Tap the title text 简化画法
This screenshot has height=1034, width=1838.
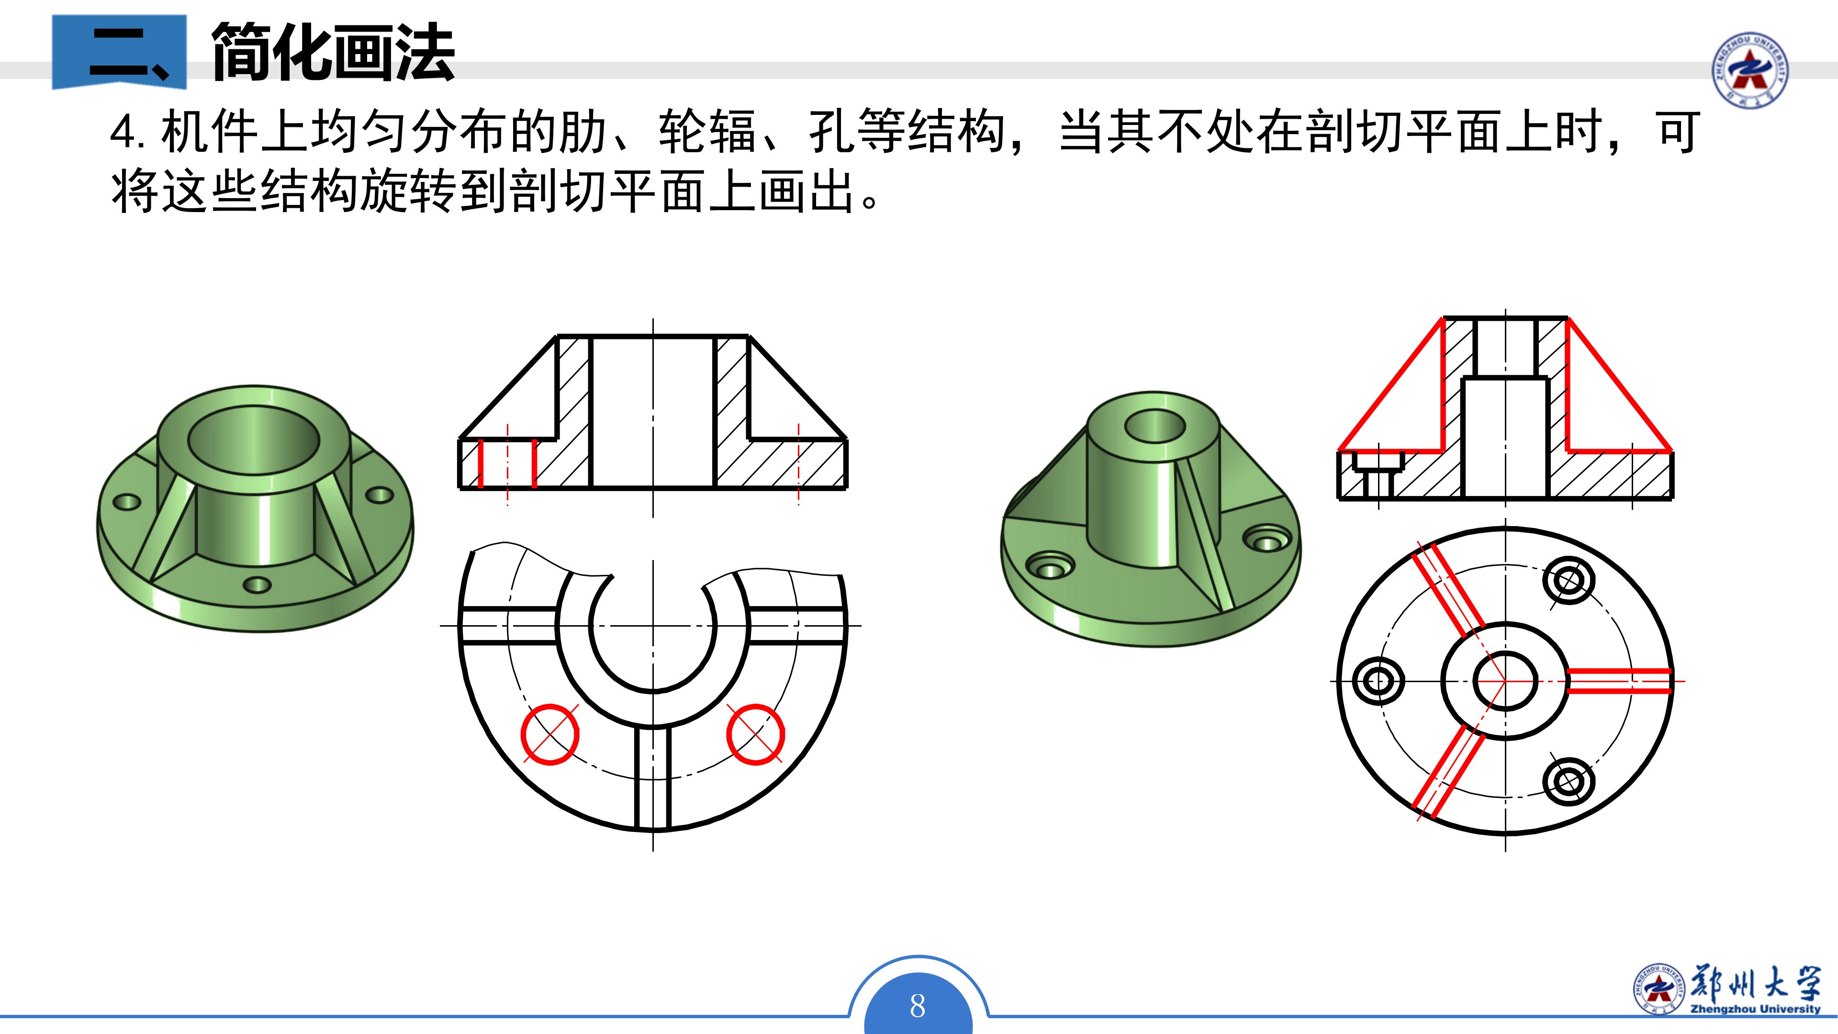(333, 51)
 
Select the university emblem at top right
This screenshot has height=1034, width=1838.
(1749, 70)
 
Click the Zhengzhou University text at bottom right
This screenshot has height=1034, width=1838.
(1755, 1009)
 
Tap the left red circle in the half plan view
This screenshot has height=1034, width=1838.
(549, 734)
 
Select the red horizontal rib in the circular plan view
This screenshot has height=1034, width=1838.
(1619, 681)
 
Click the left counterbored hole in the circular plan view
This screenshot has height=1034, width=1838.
(1378, 681)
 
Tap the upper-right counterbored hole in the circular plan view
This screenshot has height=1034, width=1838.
(1569, 581)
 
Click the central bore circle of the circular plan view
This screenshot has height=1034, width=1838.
(1505, 681)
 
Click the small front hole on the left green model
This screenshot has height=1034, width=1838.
(257, 585)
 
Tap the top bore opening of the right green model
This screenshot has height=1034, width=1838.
(1154, 426)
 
